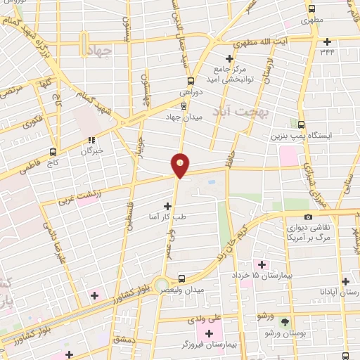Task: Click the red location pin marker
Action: pyautogui.click(x=181, y=165)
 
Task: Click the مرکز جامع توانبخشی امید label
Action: pyautogui.click(x=229, y=74)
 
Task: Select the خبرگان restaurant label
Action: pyautogui.click(x=91, y=150)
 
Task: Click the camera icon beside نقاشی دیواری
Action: pyautogui.click(x=307, y=217)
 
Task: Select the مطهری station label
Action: pyautogui.click(x=310, y=22)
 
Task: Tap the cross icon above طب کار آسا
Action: pyautogui.click(x=167, y=206)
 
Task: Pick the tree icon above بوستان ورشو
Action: pyautogui.click(x=285, y=322)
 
